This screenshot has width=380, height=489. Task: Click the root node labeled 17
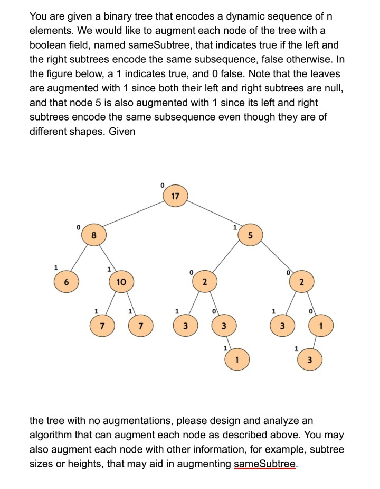point(175,197)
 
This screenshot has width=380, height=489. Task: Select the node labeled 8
point(93,235)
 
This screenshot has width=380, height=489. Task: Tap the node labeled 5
point(251,235)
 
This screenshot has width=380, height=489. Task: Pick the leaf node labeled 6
point(66,282)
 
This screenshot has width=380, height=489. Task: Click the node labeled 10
point(121,282)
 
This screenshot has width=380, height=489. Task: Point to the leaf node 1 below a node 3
point(237,361)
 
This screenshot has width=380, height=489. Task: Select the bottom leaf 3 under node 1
point(310,361)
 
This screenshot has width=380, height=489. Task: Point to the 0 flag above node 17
point(162,184)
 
